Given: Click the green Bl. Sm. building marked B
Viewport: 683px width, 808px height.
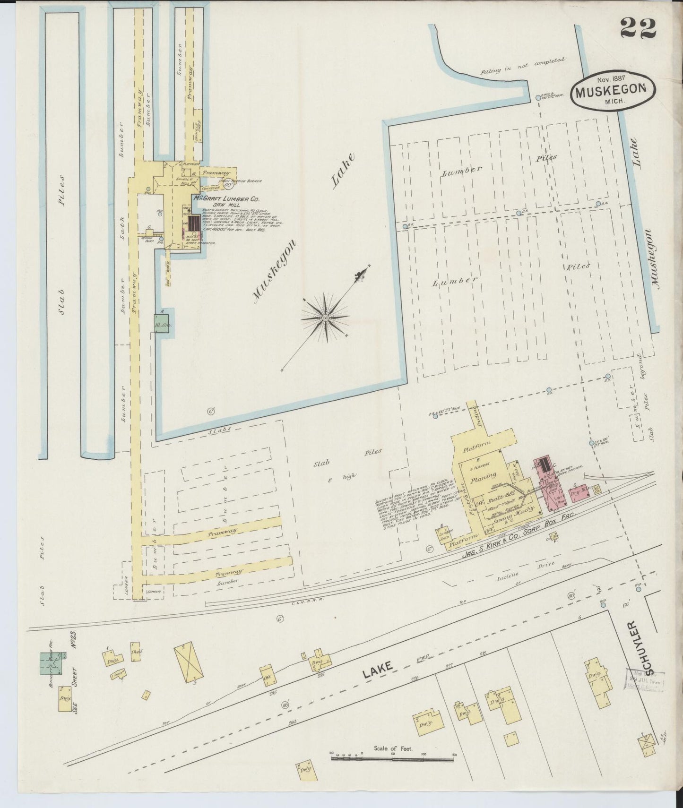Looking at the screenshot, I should pos(162,325).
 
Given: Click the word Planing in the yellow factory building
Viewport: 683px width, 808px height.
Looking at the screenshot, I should pos(483,475).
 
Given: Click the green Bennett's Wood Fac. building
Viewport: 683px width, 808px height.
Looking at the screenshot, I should pos(51,663).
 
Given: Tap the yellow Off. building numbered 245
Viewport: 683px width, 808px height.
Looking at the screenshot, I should pos(267,676).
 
